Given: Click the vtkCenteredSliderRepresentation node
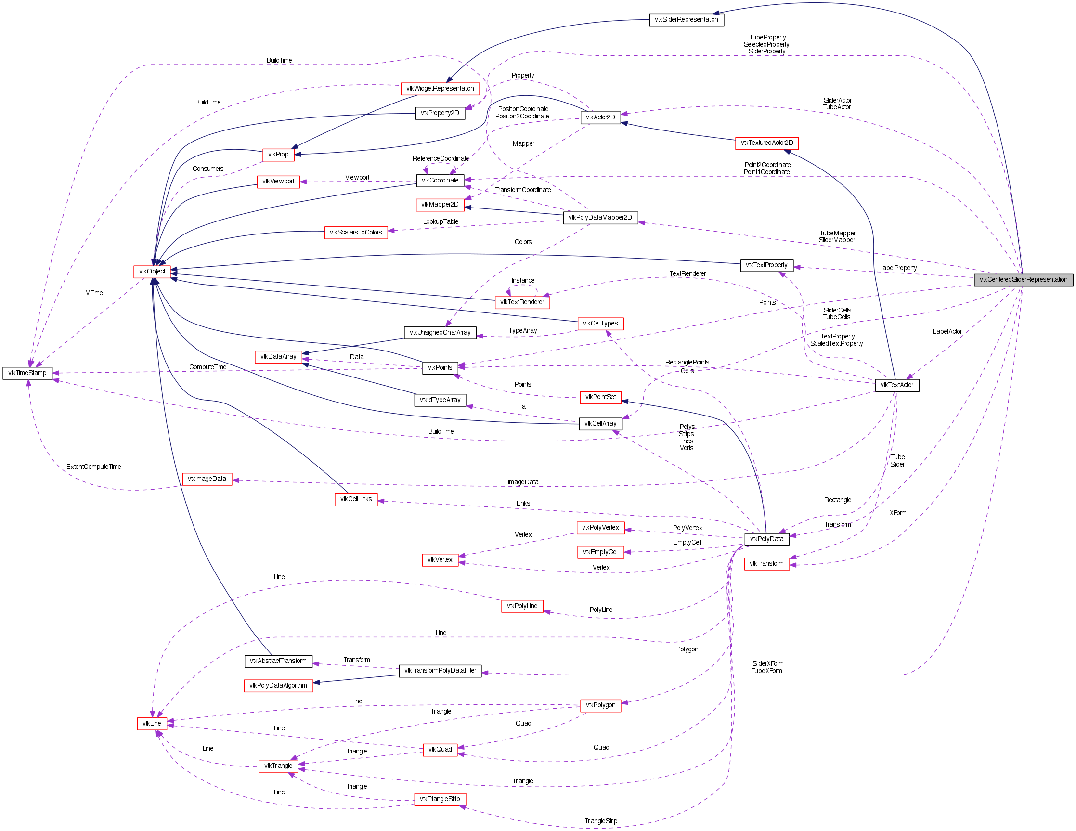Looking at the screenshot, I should coord(1024,279).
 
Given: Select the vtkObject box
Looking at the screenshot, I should coord(152,272).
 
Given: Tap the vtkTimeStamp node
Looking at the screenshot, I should coord(27,373).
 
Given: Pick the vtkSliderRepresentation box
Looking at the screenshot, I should coord(687,20).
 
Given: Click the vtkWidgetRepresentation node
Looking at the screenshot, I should coord(440,89).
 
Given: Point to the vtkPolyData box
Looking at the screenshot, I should coord(766,539).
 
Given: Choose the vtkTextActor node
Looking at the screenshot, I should coord(896,385).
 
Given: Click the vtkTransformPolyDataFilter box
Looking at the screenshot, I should coord(440,670).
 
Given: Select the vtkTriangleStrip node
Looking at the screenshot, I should coord(440,799).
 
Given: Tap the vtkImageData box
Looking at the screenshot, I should coord(207,479).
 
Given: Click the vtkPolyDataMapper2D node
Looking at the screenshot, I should coord(600,217).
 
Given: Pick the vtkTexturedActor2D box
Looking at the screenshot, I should coord(766,143).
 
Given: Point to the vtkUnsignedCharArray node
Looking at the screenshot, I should coord(440,333).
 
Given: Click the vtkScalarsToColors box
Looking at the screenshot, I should coord(356,233).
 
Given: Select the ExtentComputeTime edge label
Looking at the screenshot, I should coord(93,467).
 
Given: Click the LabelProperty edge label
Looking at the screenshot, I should coord(898,268).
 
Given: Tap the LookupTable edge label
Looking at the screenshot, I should coord(441,221).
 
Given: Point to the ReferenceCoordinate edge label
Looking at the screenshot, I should coord(441,158).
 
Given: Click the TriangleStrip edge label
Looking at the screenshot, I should coord(600,821).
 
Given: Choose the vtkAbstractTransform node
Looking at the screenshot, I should coord(278,661).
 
